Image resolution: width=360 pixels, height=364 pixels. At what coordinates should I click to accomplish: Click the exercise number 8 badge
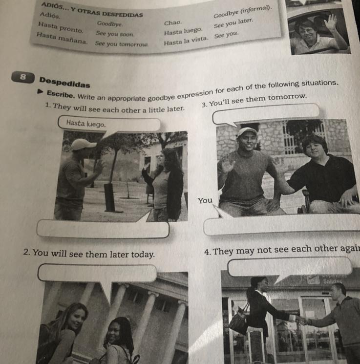coord(23,77)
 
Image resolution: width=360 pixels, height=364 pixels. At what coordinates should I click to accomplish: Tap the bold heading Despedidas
coord(64,83)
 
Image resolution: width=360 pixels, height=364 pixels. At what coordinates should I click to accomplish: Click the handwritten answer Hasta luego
coord(86,123)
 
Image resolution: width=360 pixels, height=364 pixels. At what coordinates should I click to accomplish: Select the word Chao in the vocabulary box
coord(173,23)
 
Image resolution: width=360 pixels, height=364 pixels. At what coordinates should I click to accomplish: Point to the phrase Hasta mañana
coord(62,38)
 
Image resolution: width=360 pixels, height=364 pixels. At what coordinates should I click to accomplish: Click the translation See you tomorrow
coord(122,43)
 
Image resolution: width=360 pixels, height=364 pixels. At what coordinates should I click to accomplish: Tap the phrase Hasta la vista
coord(186,41)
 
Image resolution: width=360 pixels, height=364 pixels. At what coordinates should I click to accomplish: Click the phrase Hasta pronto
coord(61,27)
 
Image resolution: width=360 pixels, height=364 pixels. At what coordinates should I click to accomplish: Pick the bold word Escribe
coord(61,94)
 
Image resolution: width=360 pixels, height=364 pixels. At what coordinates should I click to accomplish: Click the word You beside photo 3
coord(205,200)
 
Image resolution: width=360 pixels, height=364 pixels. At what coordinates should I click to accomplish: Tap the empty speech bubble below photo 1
coord(103,229)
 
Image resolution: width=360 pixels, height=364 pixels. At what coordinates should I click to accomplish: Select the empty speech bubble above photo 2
coord(97,273)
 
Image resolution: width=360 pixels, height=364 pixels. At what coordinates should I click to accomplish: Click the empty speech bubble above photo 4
coord(290,266)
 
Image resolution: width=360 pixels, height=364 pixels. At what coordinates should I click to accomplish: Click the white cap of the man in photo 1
coord(83,144)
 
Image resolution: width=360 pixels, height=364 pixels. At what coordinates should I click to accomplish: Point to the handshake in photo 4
coord(301,321)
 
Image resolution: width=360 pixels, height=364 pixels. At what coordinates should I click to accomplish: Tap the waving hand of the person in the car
coord(331,21)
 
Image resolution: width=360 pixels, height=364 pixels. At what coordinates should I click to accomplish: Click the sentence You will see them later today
coord(89,254)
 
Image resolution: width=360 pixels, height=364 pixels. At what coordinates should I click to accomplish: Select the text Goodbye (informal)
coord(242,12)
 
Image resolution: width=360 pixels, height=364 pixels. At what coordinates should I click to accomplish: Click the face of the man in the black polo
coord(313,148)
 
